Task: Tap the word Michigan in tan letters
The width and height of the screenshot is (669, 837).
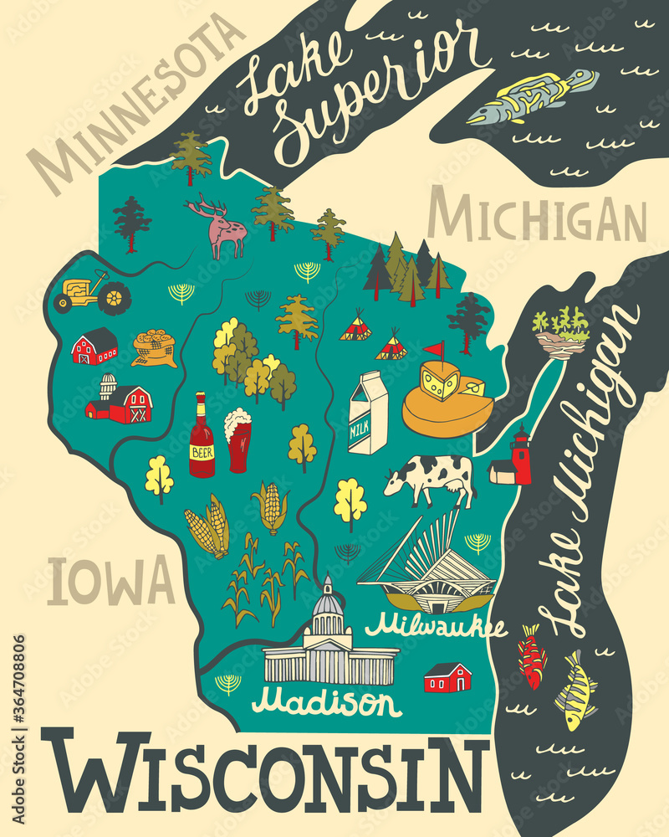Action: click(536, 217)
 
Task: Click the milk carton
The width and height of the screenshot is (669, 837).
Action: click(368, 413)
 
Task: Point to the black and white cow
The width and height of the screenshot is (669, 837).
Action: click(431, 478)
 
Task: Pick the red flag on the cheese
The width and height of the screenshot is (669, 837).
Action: click(433, 349)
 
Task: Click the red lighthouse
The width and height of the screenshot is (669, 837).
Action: click(521, 456)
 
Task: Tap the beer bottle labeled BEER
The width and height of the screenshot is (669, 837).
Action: click(202, 435)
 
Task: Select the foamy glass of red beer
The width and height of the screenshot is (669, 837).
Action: click(237, 440)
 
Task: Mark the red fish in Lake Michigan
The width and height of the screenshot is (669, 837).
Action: click(532, 656)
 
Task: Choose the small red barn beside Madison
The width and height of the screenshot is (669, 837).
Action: click(447, 677)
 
